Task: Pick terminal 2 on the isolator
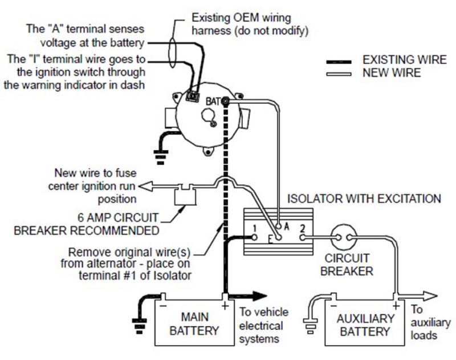coord(303,230)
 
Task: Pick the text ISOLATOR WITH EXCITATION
coord(364,199)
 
